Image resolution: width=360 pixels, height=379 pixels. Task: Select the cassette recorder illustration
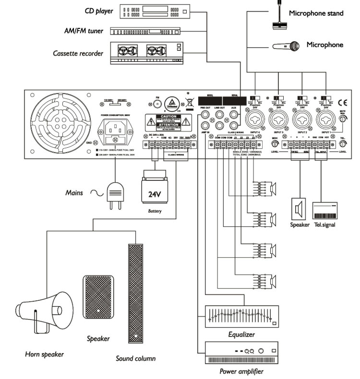click(147, 53)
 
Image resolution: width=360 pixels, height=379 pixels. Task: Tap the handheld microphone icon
click(286, 46)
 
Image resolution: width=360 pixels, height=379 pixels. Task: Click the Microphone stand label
click(316, 13)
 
